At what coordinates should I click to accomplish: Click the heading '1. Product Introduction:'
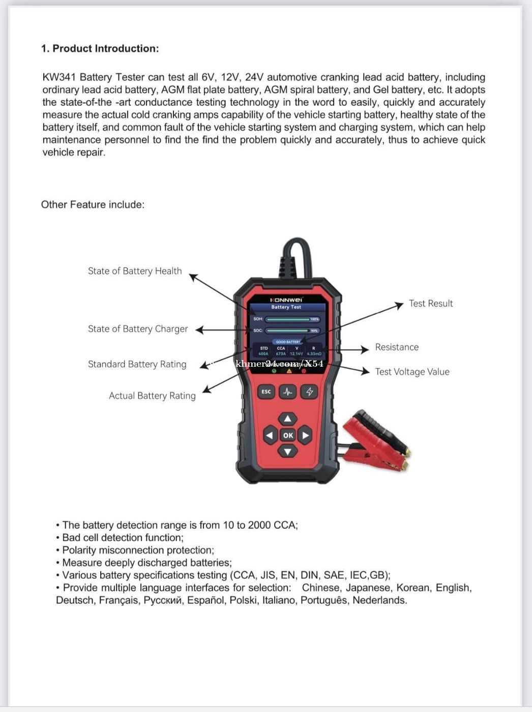(x=100, y=48)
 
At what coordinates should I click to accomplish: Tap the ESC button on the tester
(x=266, y=392)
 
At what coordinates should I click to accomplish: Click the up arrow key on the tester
(x=287, y=419)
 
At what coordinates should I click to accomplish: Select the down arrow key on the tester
(x=287, y=451)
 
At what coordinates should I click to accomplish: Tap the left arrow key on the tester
(x=270, y=435)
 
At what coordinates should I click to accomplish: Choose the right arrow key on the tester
(x=305, y=435)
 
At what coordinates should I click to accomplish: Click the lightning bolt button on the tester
(x=309, y=392)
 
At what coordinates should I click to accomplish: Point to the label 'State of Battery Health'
(x=135, y=271)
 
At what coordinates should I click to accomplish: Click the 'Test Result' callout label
(x=430, y=304)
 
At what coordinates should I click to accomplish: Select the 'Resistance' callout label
(x=397, y=347)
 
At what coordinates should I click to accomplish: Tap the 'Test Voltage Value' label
(x=412, y=372)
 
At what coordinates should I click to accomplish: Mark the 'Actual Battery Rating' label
(x=152, y=396)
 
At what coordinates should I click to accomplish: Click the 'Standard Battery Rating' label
(x=137, y=364)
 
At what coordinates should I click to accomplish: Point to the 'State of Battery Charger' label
(x=138, y=329)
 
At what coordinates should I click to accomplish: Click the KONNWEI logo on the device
(x=286, y=300)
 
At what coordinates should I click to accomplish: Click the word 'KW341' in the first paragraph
(x=59, y=77)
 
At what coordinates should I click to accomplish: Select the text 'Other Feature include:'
(x=93, y=204)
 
